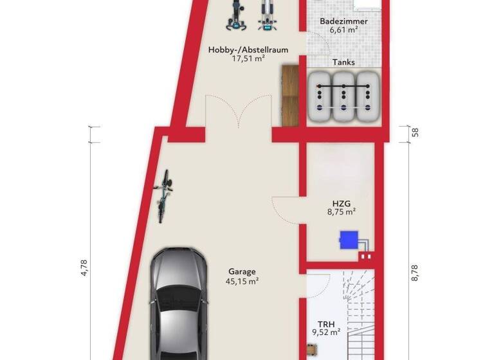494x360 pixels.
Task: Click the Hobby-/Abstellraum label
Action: coord(248,50)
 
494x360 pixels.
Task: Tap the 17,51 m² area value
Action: coord(248,59)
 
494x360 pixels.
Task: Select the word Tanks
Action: coord(343,63)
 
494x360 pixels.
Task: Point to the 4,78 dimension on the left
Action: coord(83,267)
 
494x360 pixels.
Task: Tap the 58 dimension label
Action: coord(415,133)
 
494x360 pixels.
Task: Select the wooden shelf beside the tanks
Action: coord(291,95)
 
